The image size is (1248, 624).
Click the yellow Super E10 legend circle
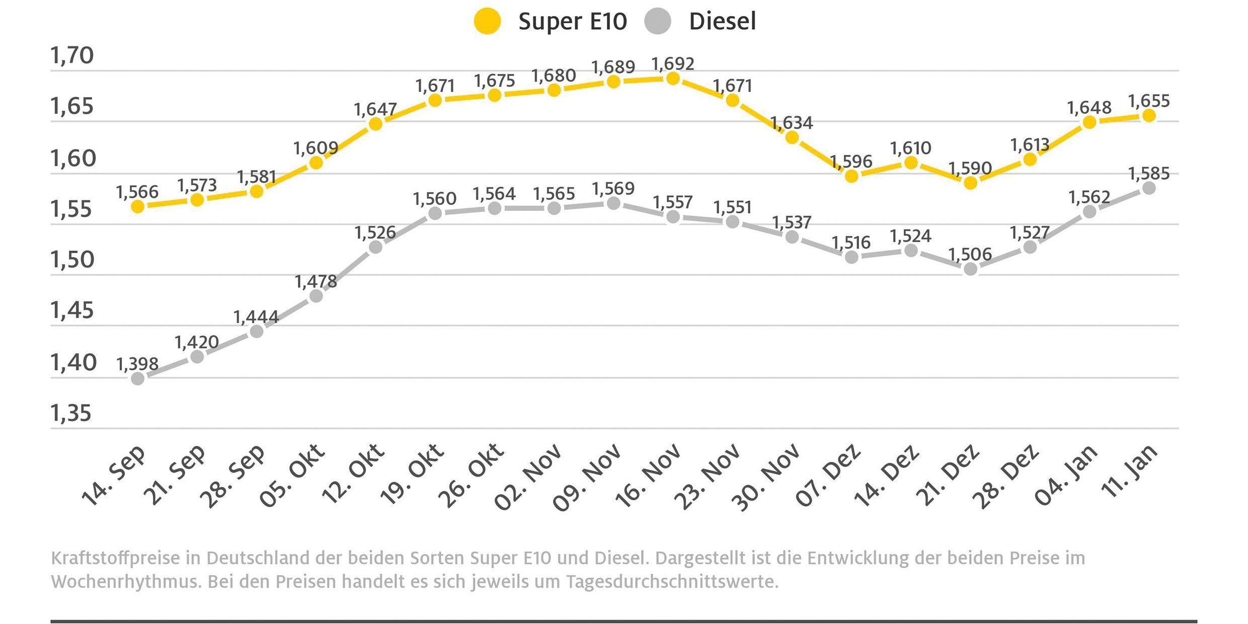point(487,22)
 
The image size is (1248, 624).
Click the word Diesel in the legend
point(722,22)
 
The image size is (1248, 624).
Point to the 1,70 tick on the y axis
point(72,55)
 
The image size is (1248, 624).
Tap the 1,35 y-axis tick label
point(71,413)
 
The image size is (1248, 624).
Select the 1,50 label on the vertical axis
point(72,260)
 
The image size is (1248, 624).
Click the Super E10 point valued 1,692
point(673,79)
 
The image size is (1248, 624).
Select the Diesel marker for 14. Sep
point(137,378)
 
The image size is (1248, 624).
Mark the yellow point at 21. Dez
point(970,183)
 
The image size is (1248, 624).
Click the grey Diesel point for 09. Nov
point(613,203)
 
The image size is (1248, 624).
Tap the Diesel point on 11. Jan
point(1149,188)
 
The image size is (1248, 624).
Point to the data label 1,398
point(137,364)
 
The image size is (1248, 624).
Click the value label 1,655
point(1149,101)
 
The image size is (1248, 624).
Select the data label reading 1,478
point(316,282)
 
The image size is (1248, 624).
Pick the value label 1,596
point(851,162)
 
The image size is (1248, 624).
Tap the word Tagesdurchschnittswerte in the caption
point(672,582)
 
